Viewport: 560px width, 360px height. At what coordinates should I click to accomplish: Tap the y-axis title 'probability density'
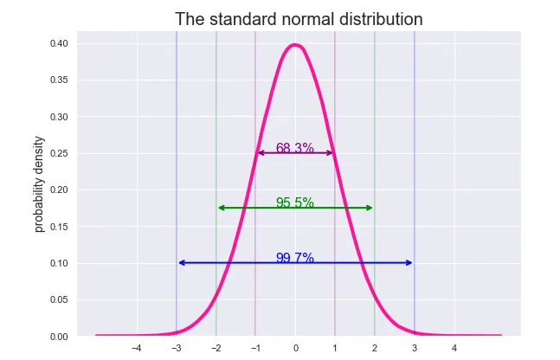(39, 189)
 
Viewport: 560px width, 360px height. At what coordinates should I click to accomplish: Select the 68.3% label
(294, 148)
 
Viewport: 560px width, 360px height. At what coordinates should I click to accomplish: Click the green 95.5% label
(294, 202)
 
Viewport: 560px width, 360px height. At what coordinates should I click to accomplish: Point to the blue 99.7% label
(294, 258)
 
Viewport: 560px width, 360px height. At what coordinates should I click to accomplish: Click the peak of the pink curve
(295, 45)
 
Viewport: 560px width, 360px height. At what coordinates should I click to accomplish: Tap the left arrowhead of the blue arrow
(181, 262)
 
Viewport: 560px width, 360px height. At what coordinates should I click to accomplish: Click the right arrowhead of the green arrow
(370, 208)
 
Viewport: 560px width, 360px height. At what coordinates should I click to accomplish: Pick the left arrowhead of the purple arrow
(260, 153)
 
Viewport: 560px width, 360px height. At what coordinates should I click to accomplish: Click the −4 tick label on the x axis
(136, 349)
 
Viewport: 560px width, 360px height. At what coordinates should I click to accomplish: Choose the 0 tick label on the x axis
(295, 349)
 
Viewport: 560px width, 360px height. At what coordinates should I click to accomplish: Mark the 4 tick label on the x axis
(454, 349)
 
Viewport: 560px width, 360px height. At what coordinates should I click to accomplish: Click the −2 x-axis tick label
(215, 349)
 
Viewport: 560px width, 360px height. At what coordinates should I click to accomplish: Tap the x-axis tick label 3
(414, 349)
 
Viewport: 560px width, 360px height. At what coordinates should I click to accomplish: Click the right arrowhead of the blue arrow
(409, 262)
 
